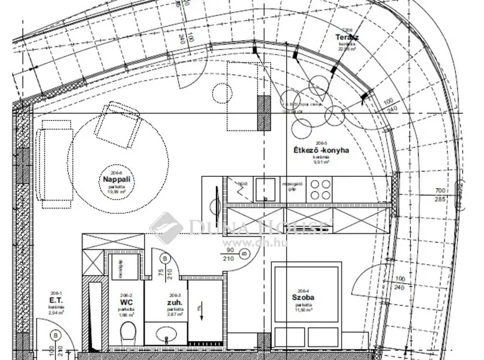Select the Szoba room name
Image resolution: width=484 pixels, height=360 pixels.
pos(303,298)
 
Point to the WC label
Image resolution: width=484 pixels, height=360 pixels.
pos(127,302)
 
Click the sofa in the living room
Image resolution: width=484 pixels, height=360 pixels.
pos(48,163)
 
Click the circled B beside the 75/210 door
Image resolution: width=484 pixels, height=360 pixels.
pos(164,259)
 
